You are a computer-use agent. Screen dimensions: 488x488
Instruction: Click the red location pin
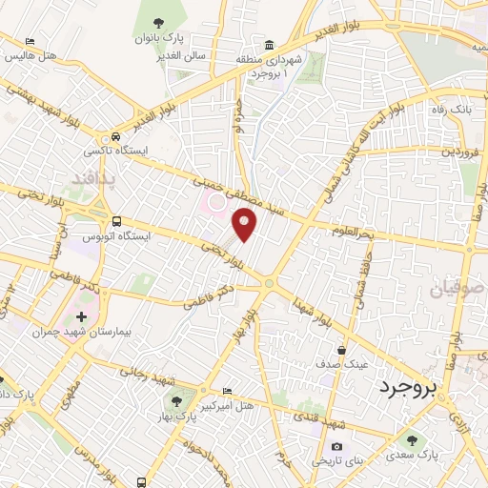point(245,224)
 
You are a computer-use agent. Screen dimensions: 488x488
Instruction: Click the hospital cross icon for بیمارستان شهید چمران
point(81,315)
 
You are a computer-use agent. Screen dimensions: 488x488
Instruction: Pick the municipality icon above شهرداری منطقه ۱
point(271,45)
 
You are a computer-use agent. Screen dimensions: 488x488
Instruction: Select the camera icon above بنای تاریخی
point(336,446)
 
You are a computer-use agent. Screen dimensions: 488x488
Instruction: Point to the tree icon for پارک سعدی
point(412,440)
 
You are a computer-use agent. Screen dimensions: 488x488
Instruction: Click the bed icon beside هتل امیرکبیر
point(227,392)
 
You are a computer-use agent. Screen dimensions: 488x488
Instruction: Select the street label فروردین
point(453,151)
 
